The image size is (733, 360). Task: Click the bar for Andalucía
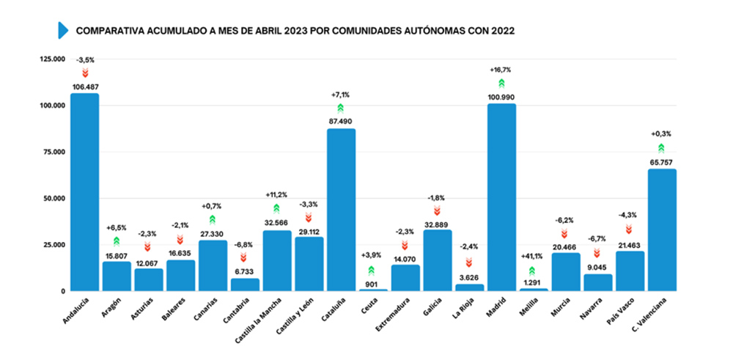click(84, 192)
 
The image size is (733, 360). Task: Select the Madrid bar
click(501, 197)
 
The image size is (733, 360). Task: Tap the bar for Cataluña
click(341, 210)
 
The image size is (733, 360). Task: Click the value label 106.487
click(84, 87)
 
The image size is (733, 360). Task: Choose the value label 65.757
click(662, 162)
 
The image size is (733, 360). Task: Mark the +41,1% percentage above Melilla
click(533, 257)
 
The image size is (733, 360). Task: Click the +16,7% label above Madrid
click(501, 70)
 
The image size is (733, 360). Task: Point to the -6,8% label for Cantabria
click(244, 244)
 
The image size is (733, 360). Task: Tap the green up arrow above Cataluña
click(341, 108)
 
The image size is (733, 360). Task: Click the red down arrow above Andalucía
click(84, 73)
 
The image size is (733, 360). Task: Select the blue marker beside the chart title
click(63, 30)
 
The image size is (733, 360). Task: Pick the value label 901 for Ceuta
click(373, 283)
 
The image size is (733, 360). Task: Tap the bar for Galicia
click(438, 260)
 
